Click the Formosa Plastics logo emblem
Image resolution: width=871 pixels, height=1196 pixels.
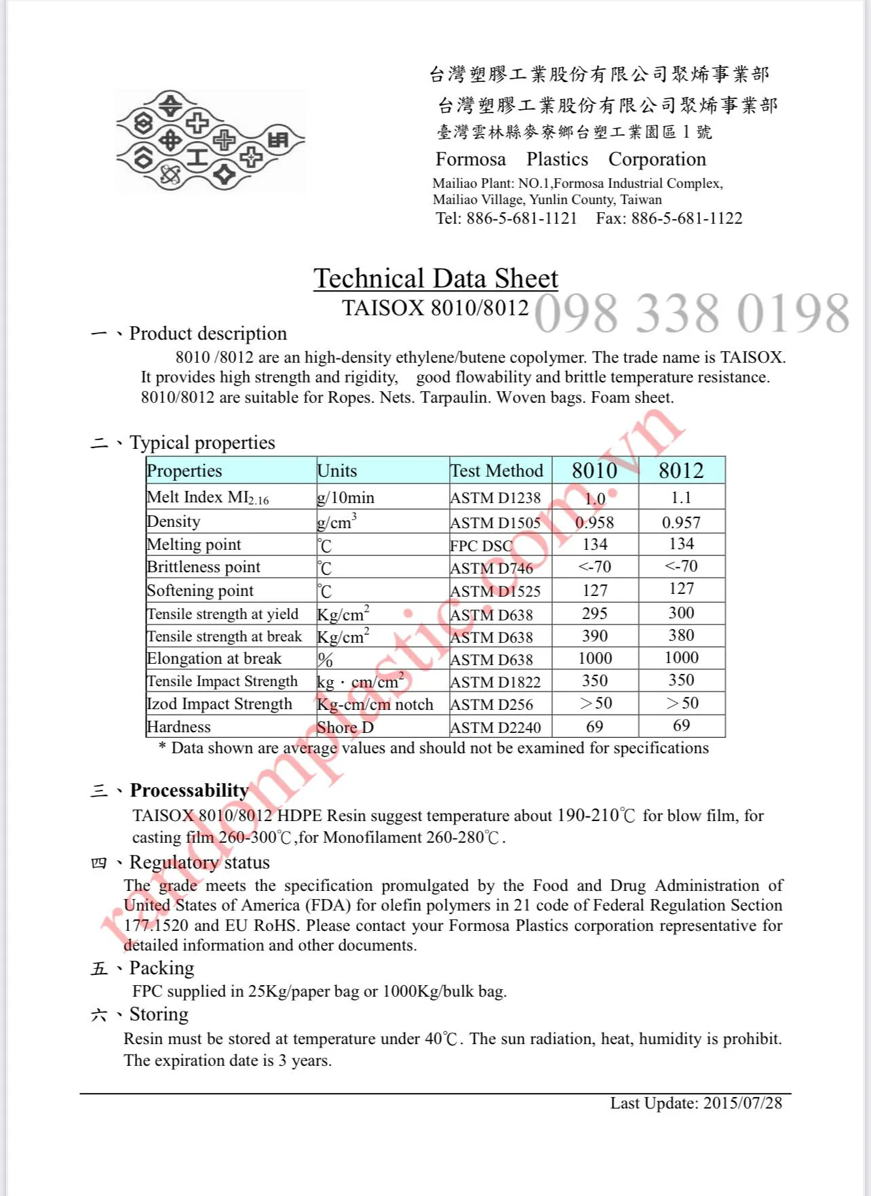click(x=210, y=140)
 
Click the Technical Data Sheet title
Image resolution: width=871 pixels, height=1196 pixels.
click(x=435, y=279)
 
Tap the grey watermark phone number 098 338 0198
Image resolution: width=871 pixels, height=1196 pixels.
click(x=691, y=313)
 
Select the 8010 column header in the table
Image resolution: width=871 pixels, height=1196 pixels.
click(x=594, y=471)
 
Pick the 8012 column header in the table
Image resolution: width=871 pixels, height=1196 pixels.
click(x=681, y=471)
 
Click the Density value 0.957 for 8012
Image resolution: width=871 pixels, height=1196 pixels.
click(x=681, y=523)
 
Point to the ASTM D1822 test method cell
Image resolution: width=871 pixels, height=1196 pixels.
click(x=496, y=682)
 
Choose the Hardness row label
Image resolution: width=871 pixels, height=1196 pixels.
click(x=179, y=727)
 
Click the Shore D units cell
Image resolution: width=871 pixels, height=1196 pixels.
click(x=345, y=727)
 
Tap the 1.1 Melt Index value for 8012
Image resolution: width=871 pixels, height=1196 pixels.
click(x=681, y=498)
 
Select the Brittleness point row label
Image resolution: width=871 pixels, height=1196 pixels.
click(x=204, y=567)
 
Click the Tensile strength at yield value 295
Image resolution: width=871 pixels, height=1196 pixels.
click(x=594, y=614)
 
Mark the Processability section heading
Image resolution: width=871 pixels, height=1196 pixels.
click(x=189, y=791)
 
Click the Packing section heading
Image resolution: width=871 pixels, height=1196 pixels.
click(x=161, y=968)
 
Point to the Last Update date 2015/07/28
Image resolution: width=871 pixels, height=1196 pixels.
click(x=742, y=1103)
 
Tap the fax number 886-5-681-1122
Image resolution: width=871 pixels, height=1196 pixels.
click(x=686, y=218)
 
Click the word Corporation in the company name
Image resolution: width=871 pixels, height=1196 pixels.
click(x=657, y=159)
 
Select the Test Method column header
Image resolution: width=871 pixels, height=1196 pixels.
click(x=497, y=471)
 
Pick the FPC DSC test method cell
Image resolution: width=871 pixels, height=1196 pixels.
click(x=482, y=546)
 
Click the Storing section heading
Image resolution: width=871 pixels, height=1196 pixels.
click(x=159, y=1014)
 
